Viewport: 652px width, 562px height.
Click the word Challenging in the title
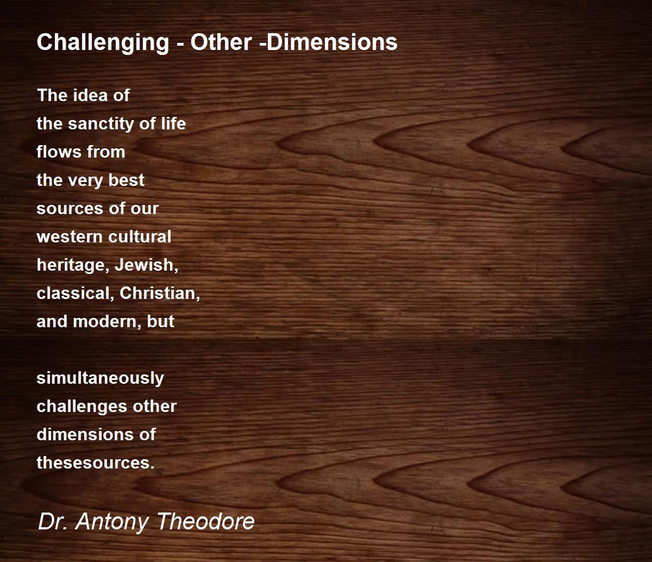point(103,43)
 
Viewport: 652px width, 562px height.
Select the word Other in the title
point(221,42)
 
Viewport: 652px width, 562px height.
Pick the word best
point(126,180)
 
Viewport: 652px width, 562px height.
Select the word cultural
point(140,236)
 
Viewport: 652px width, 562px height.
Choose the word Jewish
point(146,265)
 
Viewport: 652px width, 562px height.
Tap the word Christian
point(160,294)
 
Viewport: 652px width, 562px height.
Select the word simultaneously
point(101,379)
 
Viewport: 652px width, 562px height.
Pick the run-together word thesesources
point(96,463)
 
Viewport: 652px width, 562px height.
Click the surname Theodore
point(205,521)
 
